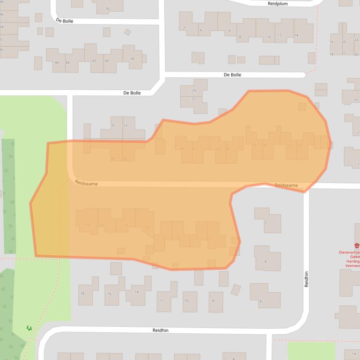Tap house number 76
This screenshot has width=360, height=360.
coord(107,9)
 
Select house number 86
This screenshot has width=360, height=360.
coord(57,63)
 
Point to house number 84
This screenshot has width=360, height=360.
coord(67,63)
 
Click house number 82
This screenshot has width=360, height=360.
coord(95,61)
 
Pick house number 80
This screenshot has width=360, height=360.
coord(107,61)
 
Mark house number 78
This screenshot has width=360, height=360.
coord(132,59)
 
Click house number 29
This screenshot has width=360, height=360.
coord(194,90)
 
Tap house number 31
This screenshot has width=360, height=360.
coord(194,99)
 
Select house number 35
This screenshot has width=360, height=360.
coord(112,125)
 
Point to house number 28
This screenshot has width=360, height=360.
coord(112,159)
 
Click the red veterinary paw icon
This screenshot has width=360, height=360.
coord(357,245)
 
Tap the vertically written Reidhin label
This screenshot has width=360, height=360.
coord(307,279)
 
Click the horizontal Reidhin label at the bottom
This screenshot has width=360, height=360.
coord(160,330)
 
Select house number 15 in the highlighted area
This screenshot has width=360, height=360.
coord(87,225)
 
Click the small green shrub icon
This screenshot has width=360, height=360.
coord(29,328)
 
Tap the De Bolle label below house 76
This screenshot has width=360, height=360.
coord(65,21)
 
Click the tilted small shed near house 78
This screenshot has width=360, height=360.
coord(127,32)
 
